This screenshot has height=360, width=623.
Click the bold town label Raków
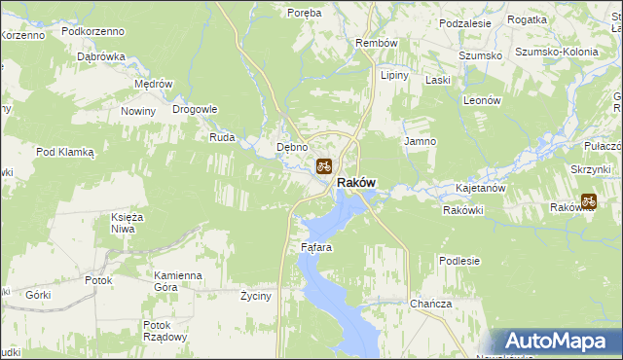click(x=356, y=183)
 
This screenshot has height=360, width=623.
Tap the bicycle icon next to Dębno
click(x=323, y=165)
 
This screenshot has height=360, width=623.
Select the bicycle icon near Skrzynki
click(x=588, y=201)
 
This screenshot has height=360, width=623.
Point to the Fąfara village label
click(x=316, y=247)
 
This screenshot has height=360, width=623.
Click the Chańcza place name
click(x=431, y=304)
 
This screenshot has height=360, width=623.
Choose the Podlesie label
click(x=459, y=261)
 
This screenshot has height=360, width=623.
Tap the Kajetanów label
click(x=480, y=187)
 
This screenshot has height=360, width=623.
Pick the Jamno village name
click(x=420, y=141)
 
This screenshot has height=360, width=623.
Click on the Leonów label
click(x=481, y=100)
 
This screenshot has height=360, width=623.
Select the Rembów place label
click(x=377, y=44)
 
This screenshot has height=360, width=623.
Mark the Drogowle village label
click(x=195, y=109)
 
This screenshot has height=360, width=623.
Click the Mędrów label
click(x=153, y=84)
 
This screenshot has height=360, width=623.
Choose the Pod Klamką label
click(x=64, y=152)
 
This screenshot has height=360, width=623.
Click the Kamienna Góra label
click(x=177, y=281)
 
